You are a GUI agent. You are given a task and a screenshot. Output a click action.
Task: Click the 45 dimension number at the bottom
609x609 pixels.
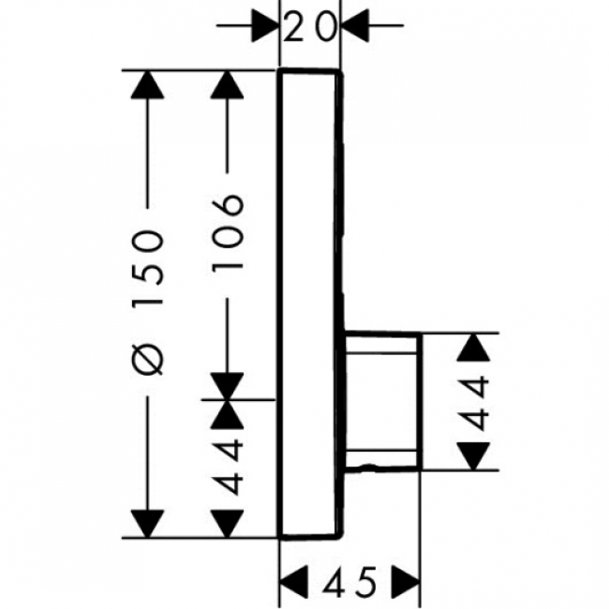point(349,583)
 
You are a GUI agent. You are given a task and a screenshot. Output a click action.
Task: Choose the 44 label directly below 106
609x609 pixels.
point(227,464)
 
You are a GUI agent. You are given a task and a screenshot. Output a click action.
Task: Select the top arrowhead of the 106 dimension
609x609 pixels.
point(227,86)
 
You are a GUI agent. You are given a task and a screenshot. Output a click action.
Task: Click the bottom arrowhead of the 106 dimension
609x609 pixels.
point(227,385)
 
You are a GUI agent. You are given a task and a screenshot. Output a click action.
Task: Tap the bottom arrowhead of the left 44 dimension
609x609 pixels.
point(227,521)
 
